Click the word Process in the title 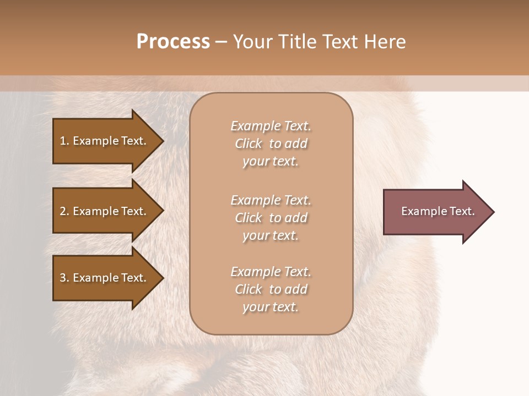point(173,42)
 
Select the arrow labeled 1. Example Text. point(105,141)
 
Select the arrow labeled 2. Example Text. point(105,211)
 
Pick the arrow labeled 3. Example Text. point(105,278)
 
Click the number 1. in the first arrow point(64,141)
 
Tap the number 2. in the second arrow point(64,211)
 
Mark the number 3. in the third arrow point(64,278)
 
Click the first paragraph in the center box point(271,144)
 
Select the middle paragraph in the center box point(271,218)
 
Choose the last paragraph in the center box point(271,289)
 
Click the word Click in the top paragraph point(249,144)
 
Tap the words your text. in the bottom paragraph point(271,307)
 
